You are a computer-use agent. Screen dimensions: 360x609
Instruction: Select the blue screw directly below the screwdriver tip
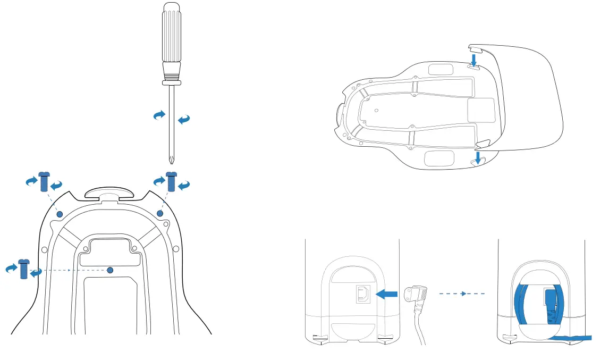[x=171, y=182]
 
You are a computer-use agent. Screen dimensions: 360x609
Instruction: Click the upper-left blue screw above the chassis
[x=45, y=182]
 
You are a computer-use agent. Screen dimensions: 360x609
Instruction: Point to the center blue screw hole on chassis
[x=110, y=270]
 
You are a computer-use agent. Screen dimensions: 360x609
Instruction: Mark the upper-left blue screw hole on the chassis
[x=60, y=214]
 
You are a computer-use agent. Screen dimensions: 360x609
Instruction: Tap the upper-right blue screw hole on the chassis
[x=160, y=213]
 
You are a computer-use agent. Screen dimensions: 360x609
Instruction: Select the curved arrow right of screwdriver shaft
[x=184, y=120]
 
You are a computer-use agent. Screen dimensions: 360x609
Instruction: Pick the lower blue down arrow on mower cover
[x=479, y=156]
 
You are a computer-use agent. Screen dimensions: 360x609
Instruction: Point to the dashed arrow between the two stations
[x=462, y=293]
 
